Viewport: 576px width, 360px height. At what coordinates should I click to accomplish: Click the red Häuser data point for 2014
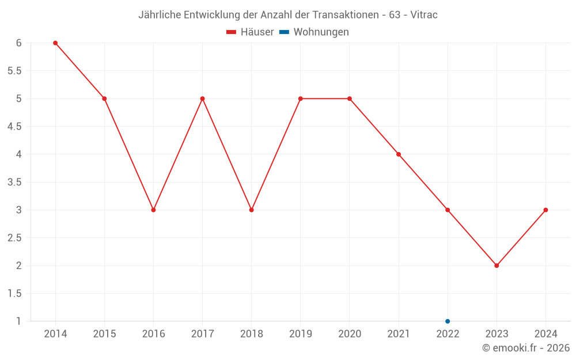[x=55, y=43]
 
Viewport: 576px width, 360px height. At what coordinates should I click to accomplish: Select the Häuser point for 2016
[x=153, y=210]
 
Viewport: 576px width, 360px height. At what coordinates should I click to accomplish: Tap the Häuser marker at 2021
[x=399, y=154]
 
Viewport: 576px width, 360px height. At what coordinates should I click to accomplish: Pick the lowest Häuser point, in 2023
[x=497, y=266]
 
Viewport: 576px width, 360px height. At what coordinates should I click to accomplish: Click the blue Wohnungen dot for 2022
[x=448, y=321]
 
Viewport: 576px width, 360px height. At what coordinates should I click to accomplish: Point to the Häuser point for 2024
[x=545, y=210]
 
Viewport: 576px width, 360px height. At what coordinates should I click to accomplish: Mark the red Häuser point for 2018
[x=251, y=210]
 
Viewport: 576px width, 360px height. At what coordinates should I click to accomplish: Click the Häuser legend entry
[x=251, y=32]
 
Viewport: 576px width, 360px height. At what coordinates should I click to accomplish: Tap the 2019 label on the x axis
[x=300, y=334]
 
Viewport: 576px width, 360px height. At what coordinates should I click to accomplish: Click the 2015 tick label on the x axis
[x=104, y=334]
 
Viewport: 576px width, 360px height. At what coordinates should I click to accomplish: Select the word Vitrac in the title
[x=423, y=15]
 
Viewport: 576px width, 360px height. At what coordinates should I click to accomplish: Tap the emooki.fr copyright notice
[x=526, y=348]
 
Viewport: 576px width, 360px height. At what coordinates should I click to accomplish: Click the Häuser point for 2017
[x=202, y=98]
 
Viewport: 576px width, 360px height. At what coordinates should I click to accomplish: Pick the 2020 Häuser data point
[x=350, y=98]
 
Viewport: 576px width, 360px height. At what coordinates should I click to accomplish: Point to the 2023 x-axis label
[x=497, y=334]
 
